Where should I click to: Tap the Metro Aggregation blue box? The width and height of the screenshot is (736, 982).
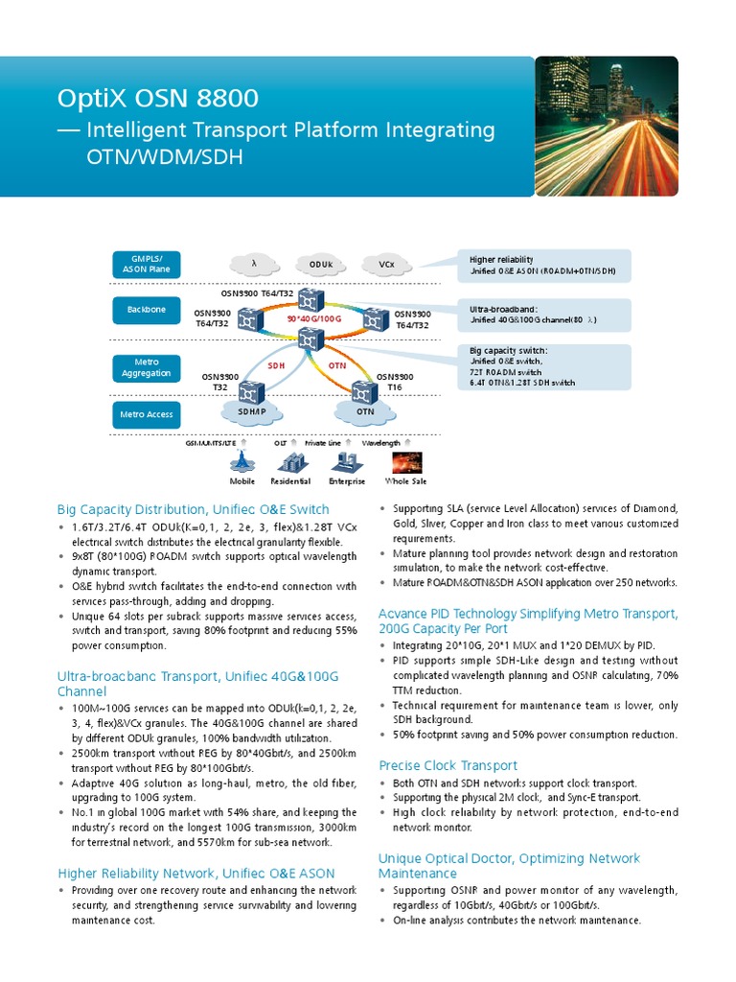pos(146,367)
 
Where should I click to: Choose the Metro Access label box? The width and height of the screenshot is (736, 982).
pos(146,415)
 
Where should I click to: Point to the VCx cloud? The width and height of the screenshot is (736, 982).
pos(386,264)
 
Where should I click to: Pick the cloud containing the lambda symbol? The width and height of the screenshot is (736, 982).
pos(254,264)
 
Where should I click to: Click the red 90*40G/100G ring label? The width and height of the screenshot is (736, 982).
pos(314,317)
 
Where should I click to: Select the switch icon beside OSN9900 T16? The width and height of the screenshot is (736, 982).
pos(363,390)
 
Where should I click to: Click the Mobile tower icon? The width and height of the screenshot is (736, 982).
pos(241,461)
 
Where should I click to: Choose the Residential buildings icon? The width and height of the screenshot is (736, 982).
pos(290,463)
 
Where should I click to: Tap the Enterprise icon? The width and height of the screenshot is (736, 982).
pos(346,463)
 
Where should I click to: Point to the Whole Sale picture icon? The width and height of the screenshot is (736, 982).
pos(405,461)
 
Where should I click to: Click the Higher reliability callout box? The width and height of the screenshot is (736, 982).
pos(542,266)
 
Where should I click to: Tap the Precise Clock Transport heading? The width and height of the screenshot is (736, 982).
pos(448,765)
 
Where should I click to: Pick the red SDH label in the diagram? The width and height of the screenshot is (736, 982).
pos(277,365)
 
